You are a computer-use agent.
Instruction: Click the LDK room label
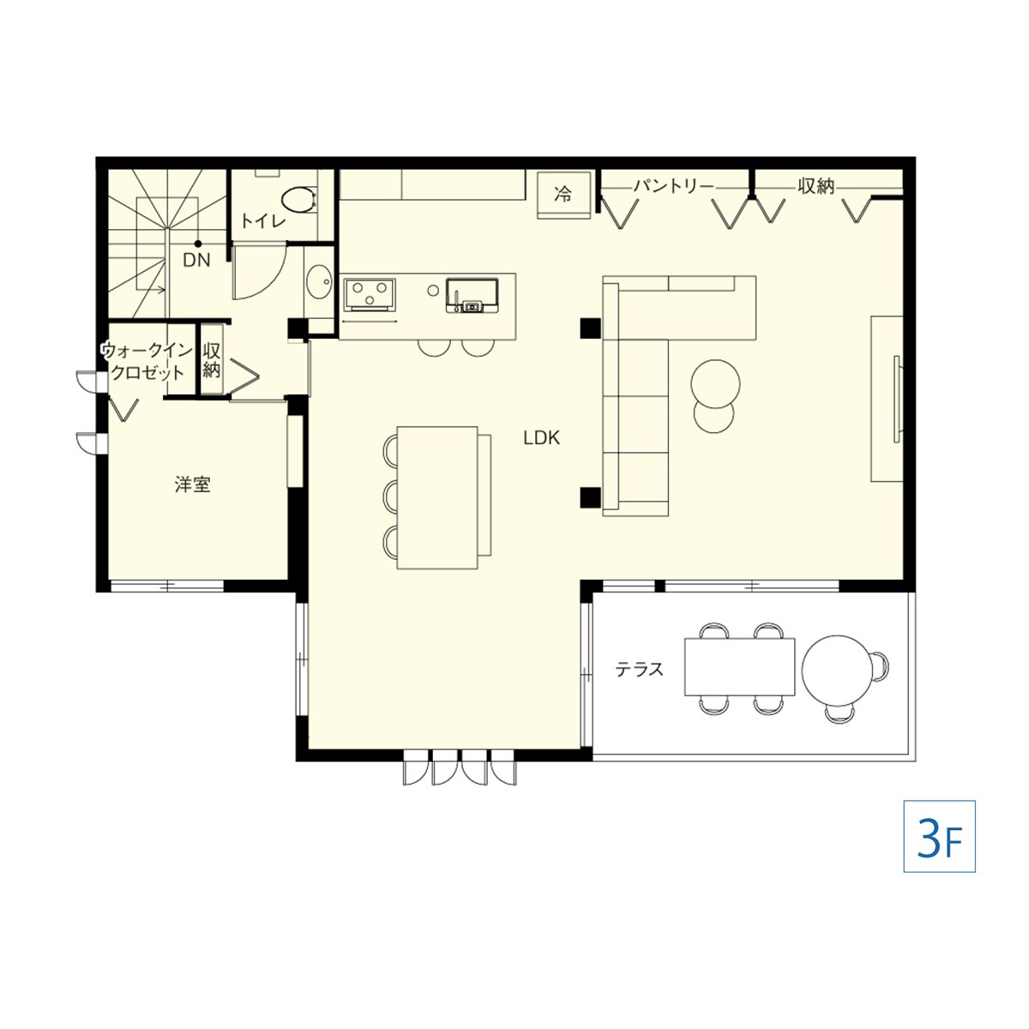pos(541,438)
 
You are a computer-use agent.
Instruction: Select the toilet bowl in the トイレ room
pos(298,201)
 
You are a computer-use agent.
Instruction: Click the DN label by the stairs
pos(196,260)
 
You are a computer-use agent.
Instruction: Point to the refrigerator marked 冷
pos(564,195)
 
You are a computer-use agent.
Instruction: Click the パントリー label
pos(674,186)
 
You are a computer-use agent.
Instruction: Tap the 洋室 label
pos(192,484)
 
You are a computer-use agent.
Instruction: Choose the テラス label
pos(639,669)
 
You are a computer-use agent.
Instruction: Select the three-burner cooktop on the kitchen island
pos(370,294)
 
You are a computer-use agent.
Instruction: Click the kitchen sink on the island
pos(472,294)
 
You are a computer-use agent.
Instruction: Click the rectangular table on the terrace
pos(739,667)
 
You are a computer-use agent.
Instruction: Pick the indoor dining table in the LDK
pos(437,497)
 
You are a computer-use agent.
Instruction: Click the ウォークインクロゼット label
pos(147,362)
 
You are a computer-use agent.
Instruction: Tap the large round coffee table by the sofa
pos(715,384)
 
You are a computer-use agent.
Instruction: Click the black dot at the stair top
pos(198,244)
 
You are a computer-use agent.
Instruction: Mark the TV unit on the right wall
pos(887,399)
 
